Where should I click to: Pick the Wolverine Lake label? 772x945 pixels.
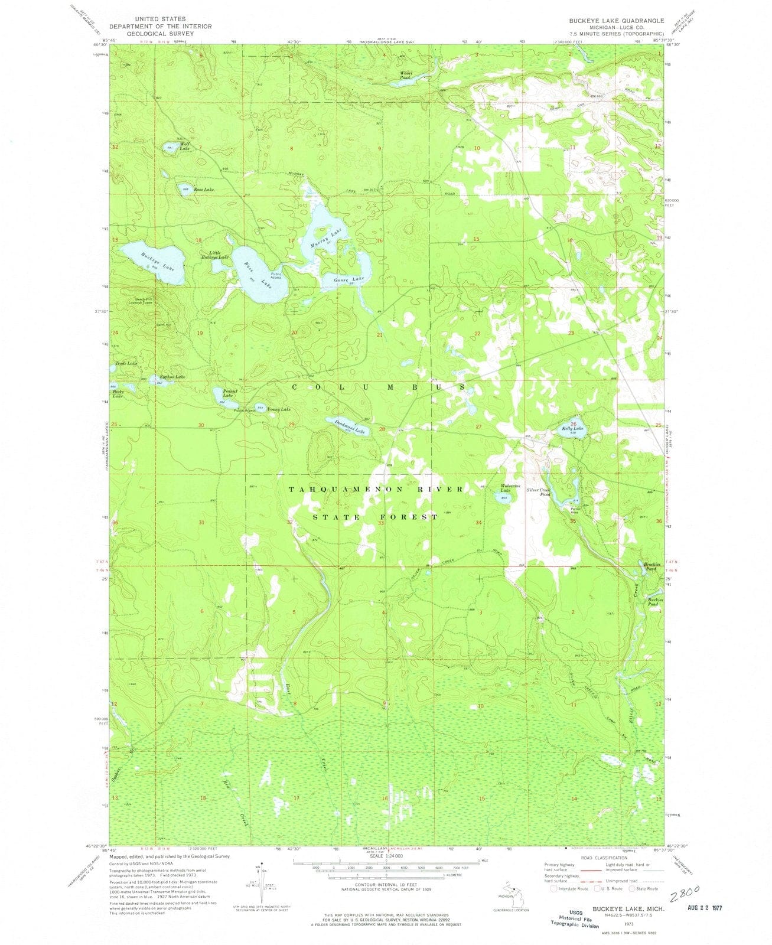tap(510, 488)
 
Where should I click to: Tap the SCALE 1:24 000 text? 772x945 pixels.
tap(385, 855)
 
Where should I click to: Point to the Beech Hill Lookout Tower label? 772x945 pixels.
tap(136, 300)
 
